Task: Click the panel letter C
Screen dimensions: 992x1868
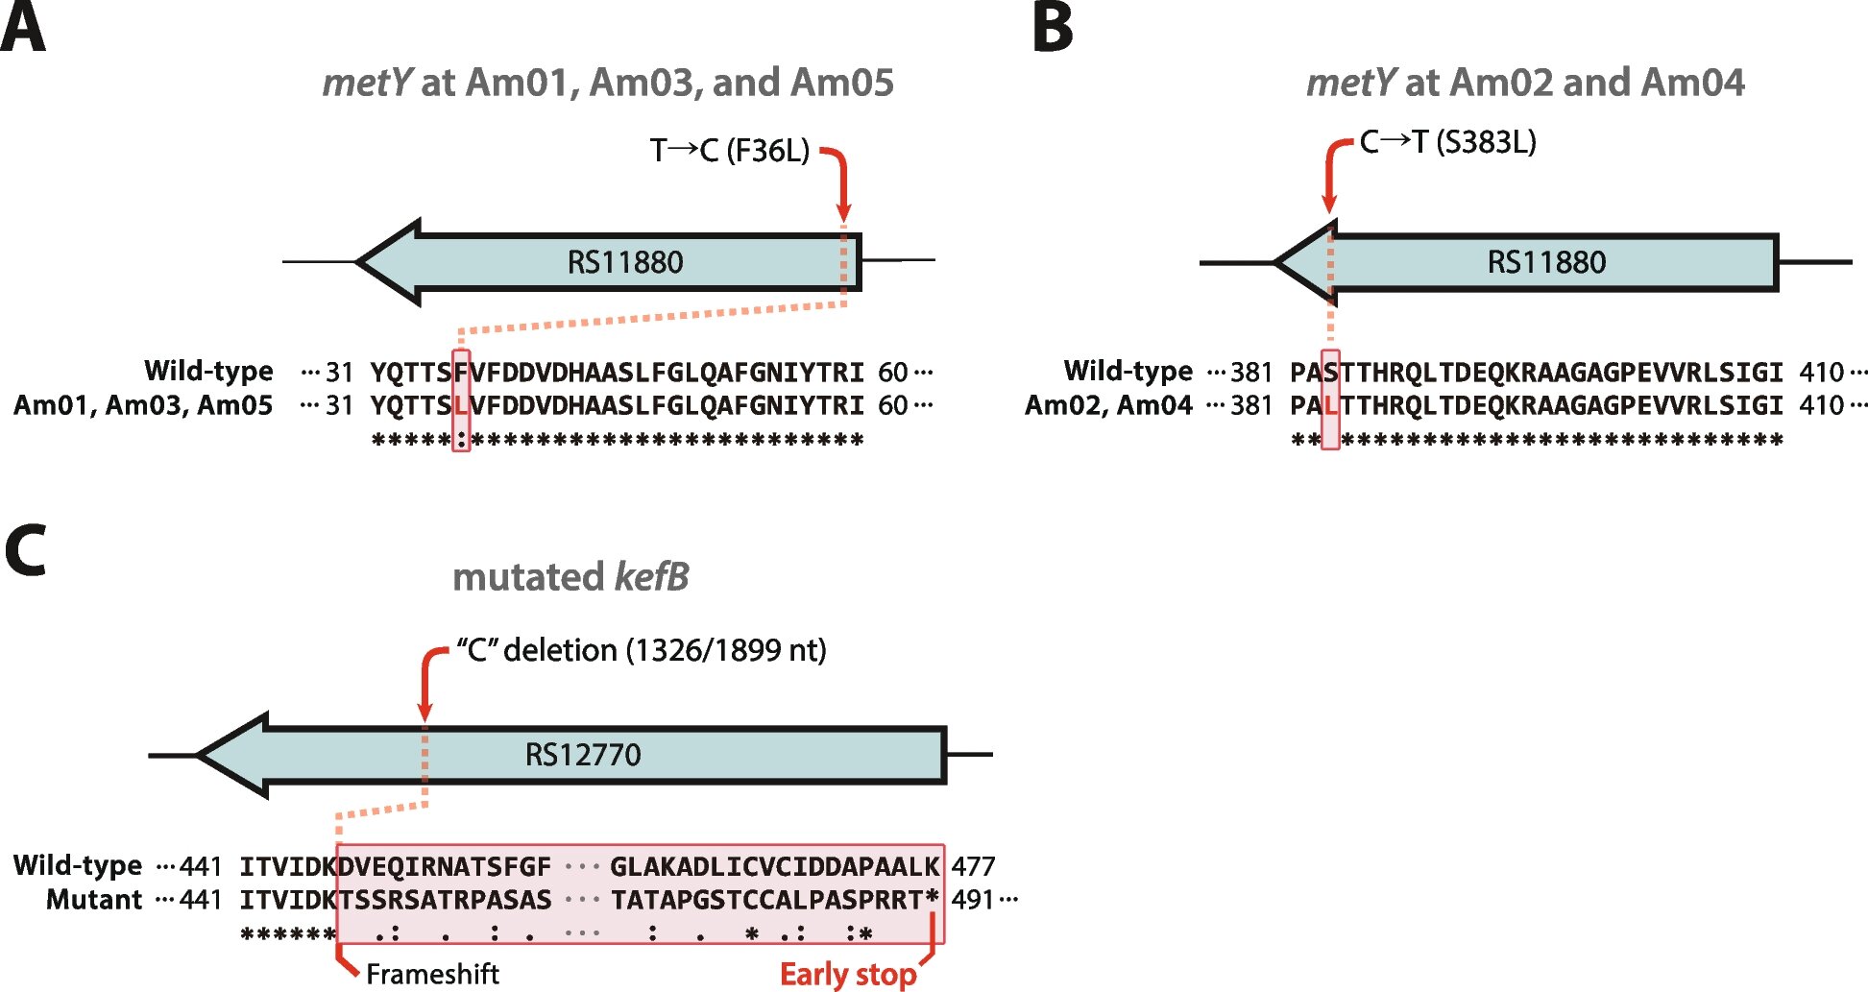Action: (x=26, y=549)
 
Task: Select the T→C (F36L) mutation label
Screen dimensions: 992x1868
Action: (x=730, y=151)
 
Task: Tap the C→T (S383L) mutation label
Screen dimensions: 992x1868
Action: (x=1447, y=142)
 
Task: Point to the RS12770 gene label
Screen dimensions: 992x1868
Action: (x=583, y=755)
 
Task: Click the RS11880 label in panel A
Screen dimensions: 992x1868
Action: (x=625, y=262)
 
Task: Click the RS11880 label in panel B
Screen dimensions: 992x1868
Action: (x=1546, y=262)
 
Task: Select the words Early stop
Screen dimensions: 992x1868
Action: (x=848, y=974)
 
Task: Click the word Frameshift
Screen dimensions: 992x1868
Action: (x=432, y=974)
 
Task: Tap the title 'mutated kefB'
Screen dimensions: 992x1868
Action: (x=570, y=577)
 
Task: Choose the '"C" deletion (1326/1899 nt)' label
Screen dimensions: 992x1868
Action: (x=641, y=650)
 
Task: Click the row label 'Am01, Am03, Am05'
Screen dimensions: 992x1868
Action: (x=143, y=405)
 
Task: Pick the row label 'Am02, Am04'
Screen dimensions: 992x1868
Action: (x=1108, y=405)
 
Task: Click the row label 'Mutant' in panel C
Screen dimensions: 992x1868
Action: (x=94, y=900)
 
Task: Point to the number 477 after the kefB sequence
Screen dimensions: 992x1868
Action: (x=973, y=866)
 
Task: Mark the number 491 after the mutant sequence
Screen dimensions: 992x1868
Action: (x=973, y=900)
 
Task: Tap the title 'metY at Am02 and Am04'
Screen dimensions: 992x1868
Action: (x=1525, y=83)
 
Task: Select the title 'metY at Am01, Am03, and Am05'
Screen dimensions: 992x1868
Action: (x=608, y=83)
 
